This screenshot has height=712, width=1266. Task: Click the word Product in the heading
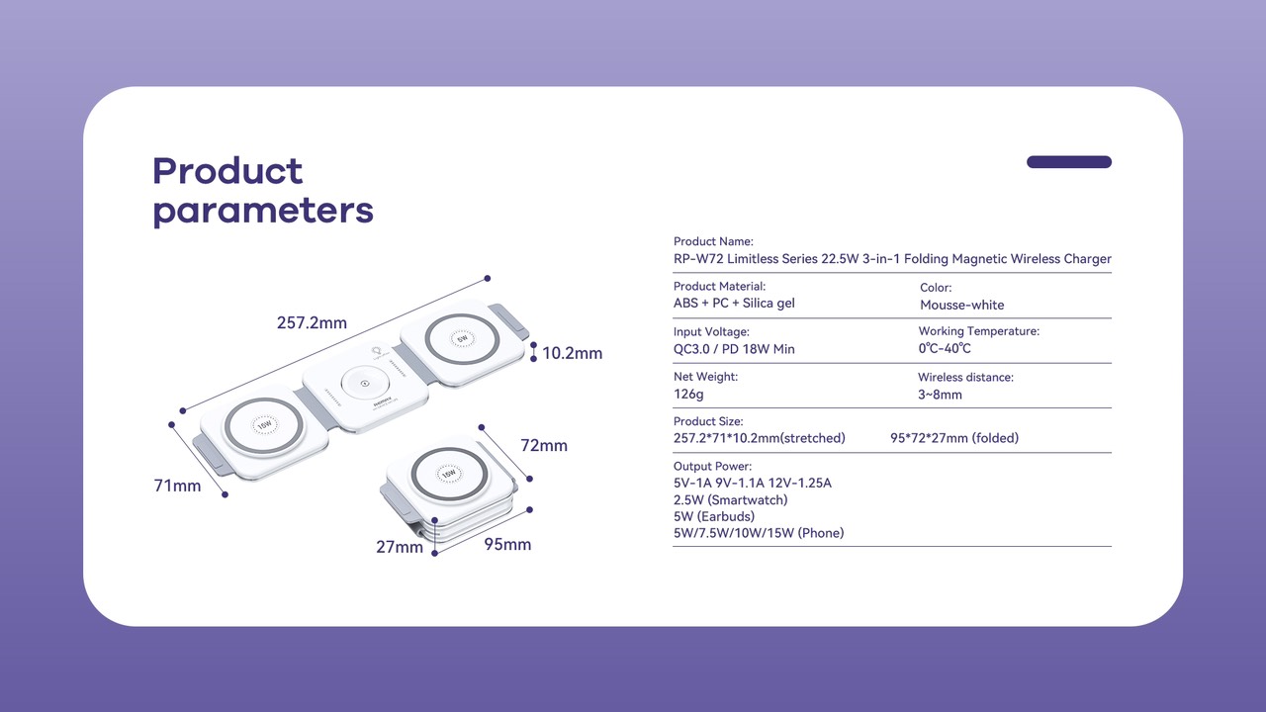coord(227,171)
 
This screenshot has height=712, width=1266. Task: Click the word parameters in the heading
coord(263,211)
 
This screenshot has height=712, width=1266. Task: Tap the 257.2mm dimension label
coord(312,323)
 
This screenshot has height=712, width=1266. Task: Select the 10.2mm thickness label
coord(572,353)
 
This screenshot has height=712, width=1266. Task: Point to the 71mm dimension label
coord(177,486)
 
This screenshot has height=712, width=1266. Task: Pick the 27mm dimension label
coord(400,547)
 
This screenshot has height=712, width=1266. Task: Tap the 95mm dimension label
coord(507,545)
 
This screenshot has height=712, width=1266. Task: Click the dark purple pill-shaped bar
coord(1069,162)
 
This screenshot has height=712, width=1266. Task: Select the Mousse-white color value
coord(961,305)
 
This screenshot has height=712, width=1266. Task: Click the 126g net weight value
coord(688,395)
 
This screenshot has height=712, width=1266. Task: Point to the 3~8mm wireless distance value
coord(940,395)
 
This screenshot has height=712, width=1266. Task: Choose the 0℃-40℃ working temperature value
coord(945,349)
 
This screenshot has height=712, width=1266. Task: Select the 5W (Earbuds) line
coord(713,517)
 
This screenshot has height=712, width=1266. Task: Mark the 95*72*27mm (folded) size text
coord(954,438)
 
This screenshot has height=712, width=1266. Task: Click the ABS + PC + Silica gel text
coord(734,304)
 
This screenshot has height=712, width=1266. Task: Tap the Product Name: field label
coord(713,241)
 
